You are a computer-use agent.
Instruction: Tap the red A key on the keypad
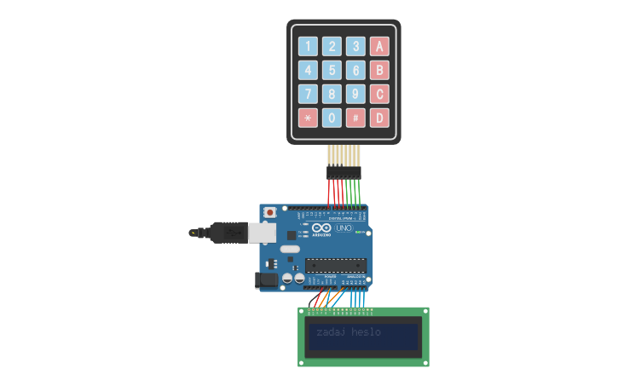point(379,46)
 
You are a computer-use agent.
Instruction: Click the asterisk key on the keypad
point(308,118)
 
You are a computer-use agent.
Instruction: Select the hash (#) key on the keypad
point(355,118)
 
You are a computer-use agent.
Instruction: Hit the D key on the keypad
point(379,118)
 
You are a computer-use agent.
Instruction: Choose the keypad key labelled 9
point(355,94)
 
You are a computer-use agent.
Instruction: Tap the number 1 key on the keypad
point(308,46)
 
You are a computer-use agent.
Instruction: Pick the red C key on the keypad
point(379,94)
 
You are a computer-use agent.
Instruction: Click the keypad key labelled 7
point(308,94)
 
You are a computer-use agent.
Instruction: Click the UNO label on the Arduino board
point(344,228)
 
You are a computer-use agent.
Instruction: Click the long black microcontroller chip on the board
point(336,265)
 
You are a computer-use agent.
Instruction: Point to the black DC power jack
point(267,279)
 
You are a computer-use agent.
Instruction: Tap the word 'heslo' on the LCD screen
point(366,331)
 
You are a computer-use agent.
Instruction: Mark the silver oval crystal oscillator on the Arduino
point(290,250)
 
